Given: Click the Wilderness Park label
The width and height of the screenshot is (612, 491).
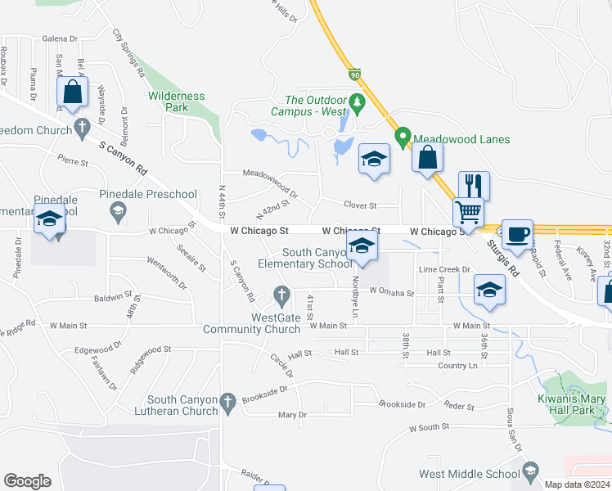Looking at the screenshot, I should [176, 101].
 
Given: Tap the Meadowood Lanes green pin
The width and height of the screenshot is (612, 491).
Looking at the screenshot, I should [402, 137].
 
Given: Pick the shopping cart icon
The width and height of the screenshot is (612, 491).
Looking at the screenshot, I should [468, 212].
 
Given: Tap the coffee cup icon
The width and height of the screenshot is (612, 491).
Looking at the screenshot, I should [516, 234].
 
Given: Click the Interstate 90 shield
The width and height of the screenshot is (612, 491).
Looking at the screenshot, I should [353, 74].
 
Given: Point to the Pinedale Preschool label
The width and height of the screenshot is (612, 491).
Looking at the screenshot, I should [148, 195].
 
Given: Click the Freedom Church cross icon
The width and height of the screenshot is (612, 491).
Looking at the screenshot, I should [81, 126].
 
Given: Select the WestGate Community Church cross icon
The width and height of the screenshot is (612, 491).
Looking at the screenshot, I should [281, 294].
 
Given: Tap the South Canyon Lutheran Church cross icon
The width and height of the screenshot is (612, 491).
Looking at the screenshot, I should [227, 401].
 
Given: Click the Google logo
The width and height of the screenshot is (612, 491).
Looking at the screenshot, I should [27, 481].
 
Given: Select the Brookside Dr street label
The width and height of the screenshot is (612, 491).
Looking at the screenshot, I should [403, 404].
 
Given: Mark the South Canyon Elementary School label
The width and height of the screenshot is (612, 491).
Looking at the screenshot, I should [305, 259].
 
